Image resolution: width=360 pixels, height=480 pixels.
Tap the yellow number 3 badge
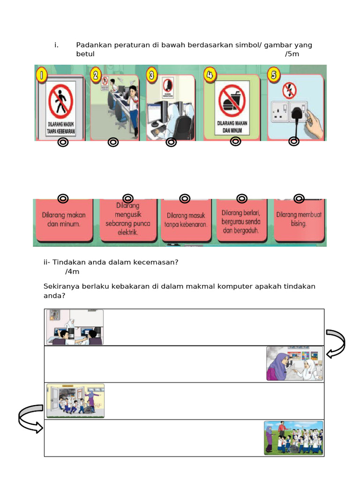[x=151, y=75]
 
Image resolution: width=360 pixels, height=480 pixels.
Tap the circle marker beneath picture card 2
[x=113, y=142]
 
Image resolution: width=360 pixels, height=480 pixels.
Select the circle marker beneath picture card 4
[x=236, y=141]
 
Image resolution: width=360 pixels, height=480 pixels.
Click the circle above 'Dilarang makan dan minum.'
[x=63, y=199]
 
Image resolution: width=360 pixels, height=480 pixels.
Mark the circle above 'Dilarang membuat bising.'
[x=299, y=199]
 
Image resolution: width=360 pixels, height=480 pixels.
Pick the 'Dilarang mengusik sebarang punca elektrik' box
[x=127, y=221]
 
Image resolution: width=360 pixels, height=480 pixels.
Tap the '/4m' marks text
[x=73, y=271]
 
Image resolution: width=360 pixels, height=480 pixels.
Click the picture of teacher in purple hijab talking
[x=294, y=363]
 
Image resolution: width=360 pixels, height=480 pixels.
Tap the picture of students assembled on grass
[x=293, y=438]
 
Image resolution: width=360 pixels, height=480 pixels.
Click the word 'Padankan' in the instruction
[x=92, y=45]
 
